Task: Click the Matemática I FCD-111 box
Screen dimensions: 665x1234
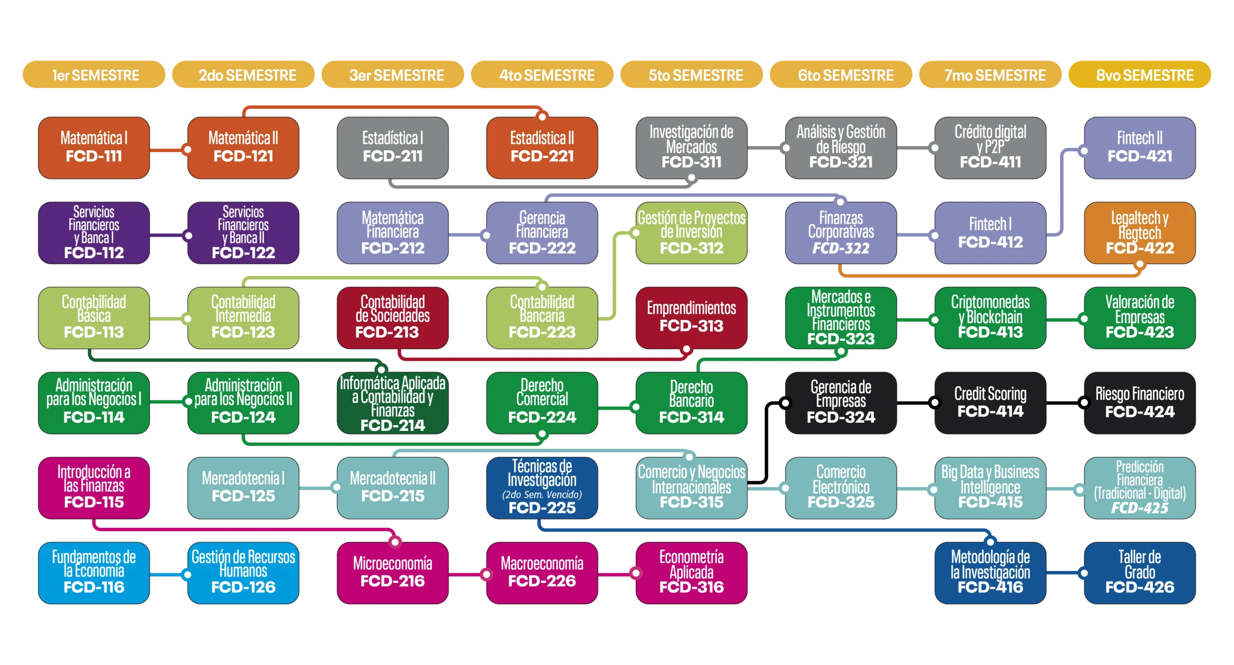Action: click(94, 148)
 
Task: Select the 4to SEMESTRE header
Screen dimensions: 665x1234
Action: click(542, 75)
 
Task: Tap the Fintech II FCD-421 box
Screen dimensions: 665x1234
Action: click(1140, 148)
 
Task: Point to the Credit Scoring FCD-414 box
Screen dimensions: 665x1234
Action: click(990, 402)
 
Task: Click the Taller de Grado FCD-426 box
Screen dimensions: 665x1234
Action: click(1140, 573)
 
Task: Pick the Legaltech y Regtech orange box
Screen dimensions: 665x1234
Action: click(1140, 233)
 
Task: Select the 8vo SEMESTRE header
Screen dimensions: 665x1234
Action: click(1140, 75)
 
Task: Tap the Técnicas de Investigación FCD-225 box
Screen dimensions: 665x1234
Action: click(542, 487)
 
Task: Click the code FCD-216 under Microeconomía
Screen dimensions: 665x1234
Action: click(392, 581)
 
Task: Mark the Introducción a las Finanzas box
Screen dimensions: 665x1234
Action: click(94, 487)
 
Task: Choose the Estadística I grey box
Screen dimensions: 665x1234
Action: click(392, 148)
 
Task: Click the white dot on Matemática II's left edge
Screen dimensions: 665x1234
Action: click(188, 149)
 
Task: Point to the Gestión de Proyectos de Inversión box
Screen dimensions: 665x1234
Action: click(691, 233)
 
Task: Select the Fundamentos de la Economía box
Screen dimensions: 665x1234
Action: click(94, 573)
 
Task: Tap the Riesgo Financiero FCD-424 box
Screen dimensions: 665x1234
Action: click(1140, 402)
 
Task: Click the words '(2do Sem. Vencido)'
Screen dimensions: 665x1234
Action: click(542, 495)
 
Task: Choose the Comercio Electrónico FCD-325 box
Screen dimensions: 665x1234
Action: click(841, 487)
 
